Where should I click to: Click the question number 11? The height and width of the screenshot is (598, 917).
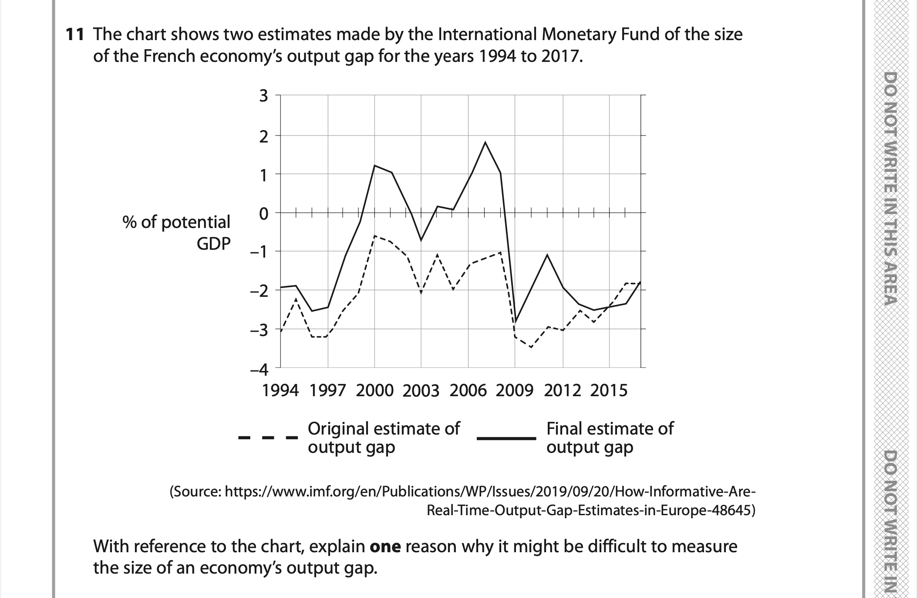[x=74, y=34]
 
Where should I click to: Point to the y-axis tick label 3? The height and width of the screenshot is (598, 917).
[x=263, y=95]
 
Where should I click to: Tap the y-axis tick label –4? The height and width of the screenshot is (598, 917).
[x=259, y=370]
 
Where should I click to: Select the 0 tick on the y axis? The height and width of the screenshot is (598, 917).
[x=263, y=214]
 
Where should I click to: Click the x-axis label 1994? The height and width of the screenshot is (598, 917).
[x=280, y=391]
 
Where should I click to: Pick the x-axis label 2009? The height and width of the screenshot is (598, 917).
[x=514, y=391]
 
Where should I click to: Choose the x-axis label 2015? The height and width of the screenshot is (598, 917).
[x=609, y=391]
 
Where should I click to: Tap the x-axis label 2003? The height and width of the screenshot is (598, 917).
[x=421, y=391]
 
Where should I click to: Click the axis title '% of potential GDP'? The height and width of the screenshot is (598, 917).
[x=176, y=232]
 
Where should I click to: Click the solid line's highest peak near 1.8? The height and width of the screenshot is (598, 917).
[x=485, y=143]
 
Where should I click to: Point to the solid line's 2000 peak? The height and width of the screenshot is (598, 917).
[x=375, y=166]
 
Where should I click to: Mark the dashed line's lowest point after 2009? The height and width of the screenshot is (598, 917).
[x=531, y=347]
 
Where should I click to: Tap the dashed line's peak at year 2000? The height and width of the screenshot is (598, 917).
[x=375, y=236]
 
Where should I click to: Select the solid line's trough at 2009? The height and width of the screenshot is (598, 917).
[x=515, y=322]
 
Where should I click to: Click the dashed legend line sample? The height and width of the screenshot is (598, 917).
[x=268, y=437]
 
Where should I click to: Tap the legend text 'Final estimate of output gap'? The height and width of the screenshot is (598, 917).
[x=610, y=438]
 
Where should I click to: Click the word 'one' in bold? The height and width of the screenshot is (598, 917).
[x=385, y=547]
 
